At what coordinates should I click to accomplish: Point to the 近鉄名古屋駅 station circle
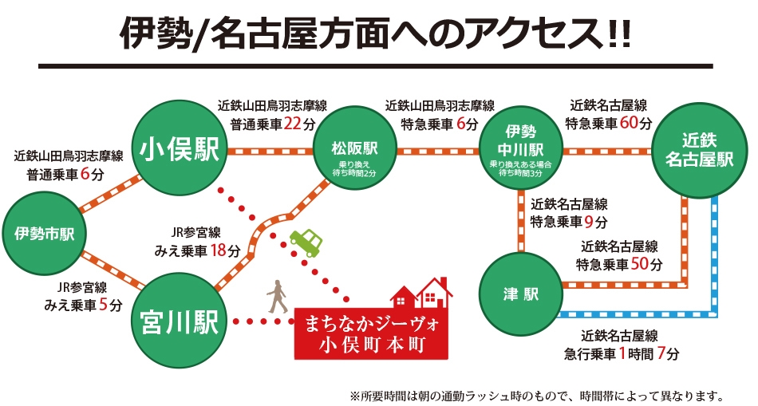point(698,150)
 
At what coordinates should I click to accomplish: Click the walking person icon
point(277,296)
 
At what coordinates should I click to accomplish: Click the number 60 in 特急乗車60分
point(629,123)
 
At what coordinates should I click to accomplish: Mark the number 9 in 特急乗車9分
point(589,221)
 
